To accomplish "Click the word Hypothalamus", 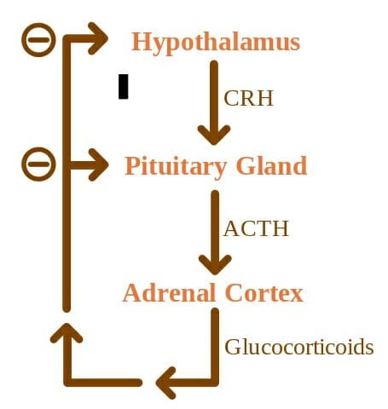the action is point(216,43).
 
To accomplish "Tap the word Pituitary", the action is point(176,167).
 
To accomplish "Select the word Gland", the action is point(271,165).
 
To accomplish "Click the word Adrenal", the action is point(169,292).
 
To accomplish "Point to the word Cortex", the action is point(264,292).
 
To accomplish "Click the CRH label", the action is point(248,98).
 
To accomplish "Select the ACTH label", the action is point(256,228).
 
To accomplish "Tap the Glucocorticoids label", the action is point(299,347).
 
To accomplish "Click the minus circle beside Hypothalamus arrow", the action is point(38,40).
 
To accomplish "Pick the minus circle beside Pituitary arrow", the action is point(38,164).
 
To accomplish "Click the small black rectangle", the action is point(124,87).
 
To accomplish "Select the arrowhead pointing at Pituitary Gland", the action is point(99,164).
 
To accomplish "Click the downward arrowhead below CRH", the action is point(214,135).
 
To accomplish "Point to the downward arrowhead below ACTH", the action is point(215,265).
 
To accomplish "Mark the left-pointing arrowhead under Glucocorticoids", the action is point(166,383).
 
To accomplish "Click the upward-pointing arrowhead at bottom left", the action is point(67,333).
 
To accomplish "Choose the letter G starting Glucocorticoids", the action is point(232,347).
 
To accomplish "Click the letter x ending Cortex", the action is point(296,296).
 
